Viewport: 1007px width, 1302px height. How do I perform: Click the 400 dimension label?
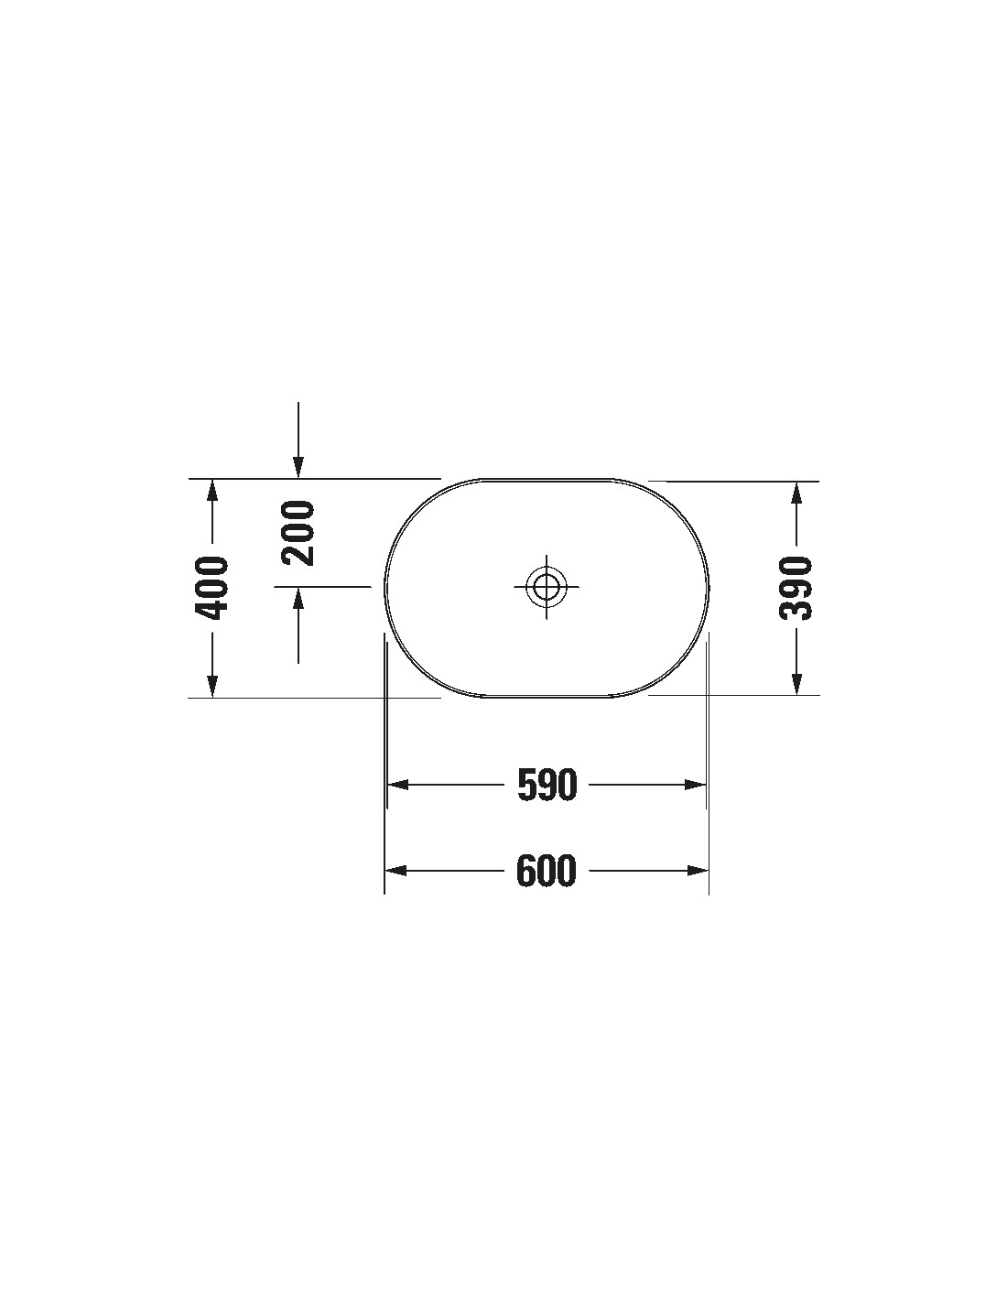point(211,588)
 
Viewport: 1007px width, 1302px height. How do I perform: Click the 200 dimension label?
point(298,533)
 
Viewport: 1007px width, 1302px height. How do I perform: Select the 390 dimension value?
point(796,588)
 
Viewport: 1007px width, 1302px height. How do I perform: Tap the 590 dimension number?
point(547,785)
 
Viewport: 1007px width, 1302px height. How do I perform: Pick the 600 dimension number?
point(547,871)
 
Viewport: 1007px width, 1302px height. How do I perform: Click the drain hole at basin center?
point(546,586)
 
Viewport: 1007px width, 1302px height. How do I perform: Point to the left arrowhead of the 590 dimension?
point(398,785)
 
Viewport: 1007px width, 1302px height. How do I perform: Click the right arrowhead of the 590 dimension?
point(696,785)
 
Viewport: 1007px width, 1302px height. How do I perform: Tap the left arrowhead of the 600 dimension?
point(395,871)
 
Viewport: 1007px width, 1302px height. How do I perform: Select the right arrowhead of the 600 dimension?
point(698,871)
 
